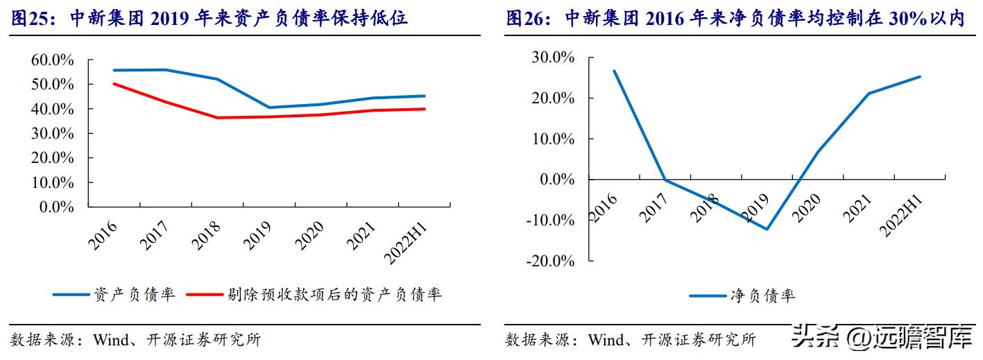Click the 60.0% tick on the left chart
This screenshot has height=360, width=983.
click(x=52, y=60)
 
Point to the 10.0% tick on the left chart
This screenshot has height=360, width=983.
click(x=52, y=182)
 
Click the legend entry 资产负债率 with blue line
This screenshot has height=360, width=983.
click(x=114, y=295)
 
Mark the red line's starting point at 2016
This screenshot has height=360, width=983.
click(x=114, y=84)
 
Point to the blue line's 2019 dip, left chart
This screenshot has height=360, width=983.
click(x=270, y=108)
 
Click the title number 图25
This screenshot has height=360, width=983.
click(x=31, y=18)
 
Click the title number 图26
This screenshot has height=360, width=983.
click(x=524, y=18)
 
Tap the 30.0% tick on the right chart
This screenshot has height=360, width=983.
click(x=552, y=58)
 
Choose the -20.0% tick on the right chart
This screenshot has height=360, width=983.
click(x=551, y=261)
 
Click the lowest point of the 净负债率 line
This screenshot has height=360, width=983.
click(x=767, y=229)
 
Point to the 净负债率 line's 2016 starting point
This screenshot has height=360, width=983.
click(x=615, y=71)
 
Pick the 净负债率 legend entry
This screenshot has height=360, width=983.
click(x=742, y=296)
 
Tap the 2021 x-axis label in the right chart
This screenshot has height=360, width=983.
click(x=858, y=207)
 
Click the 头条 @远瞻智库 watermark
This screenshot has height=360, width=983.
click(x=880, y=339)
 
